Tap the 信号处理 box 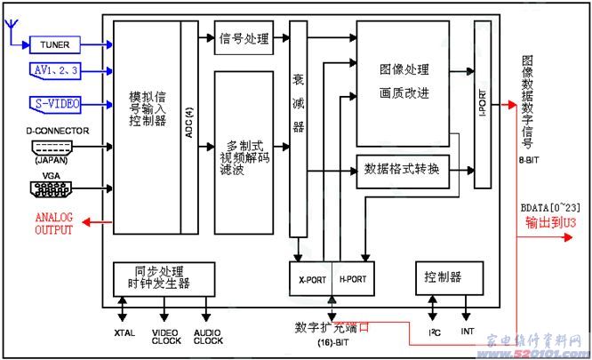(244, 38)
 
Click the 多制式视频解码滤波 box (244, 152)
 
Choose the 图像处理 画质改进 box (403, 83)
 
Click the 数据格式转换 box (403, 168)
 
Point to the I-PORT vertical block (483, 104)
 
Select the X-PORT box (312, 278)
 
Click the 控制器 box (443, 277)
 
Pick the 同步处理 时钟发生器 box (164, 277)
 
